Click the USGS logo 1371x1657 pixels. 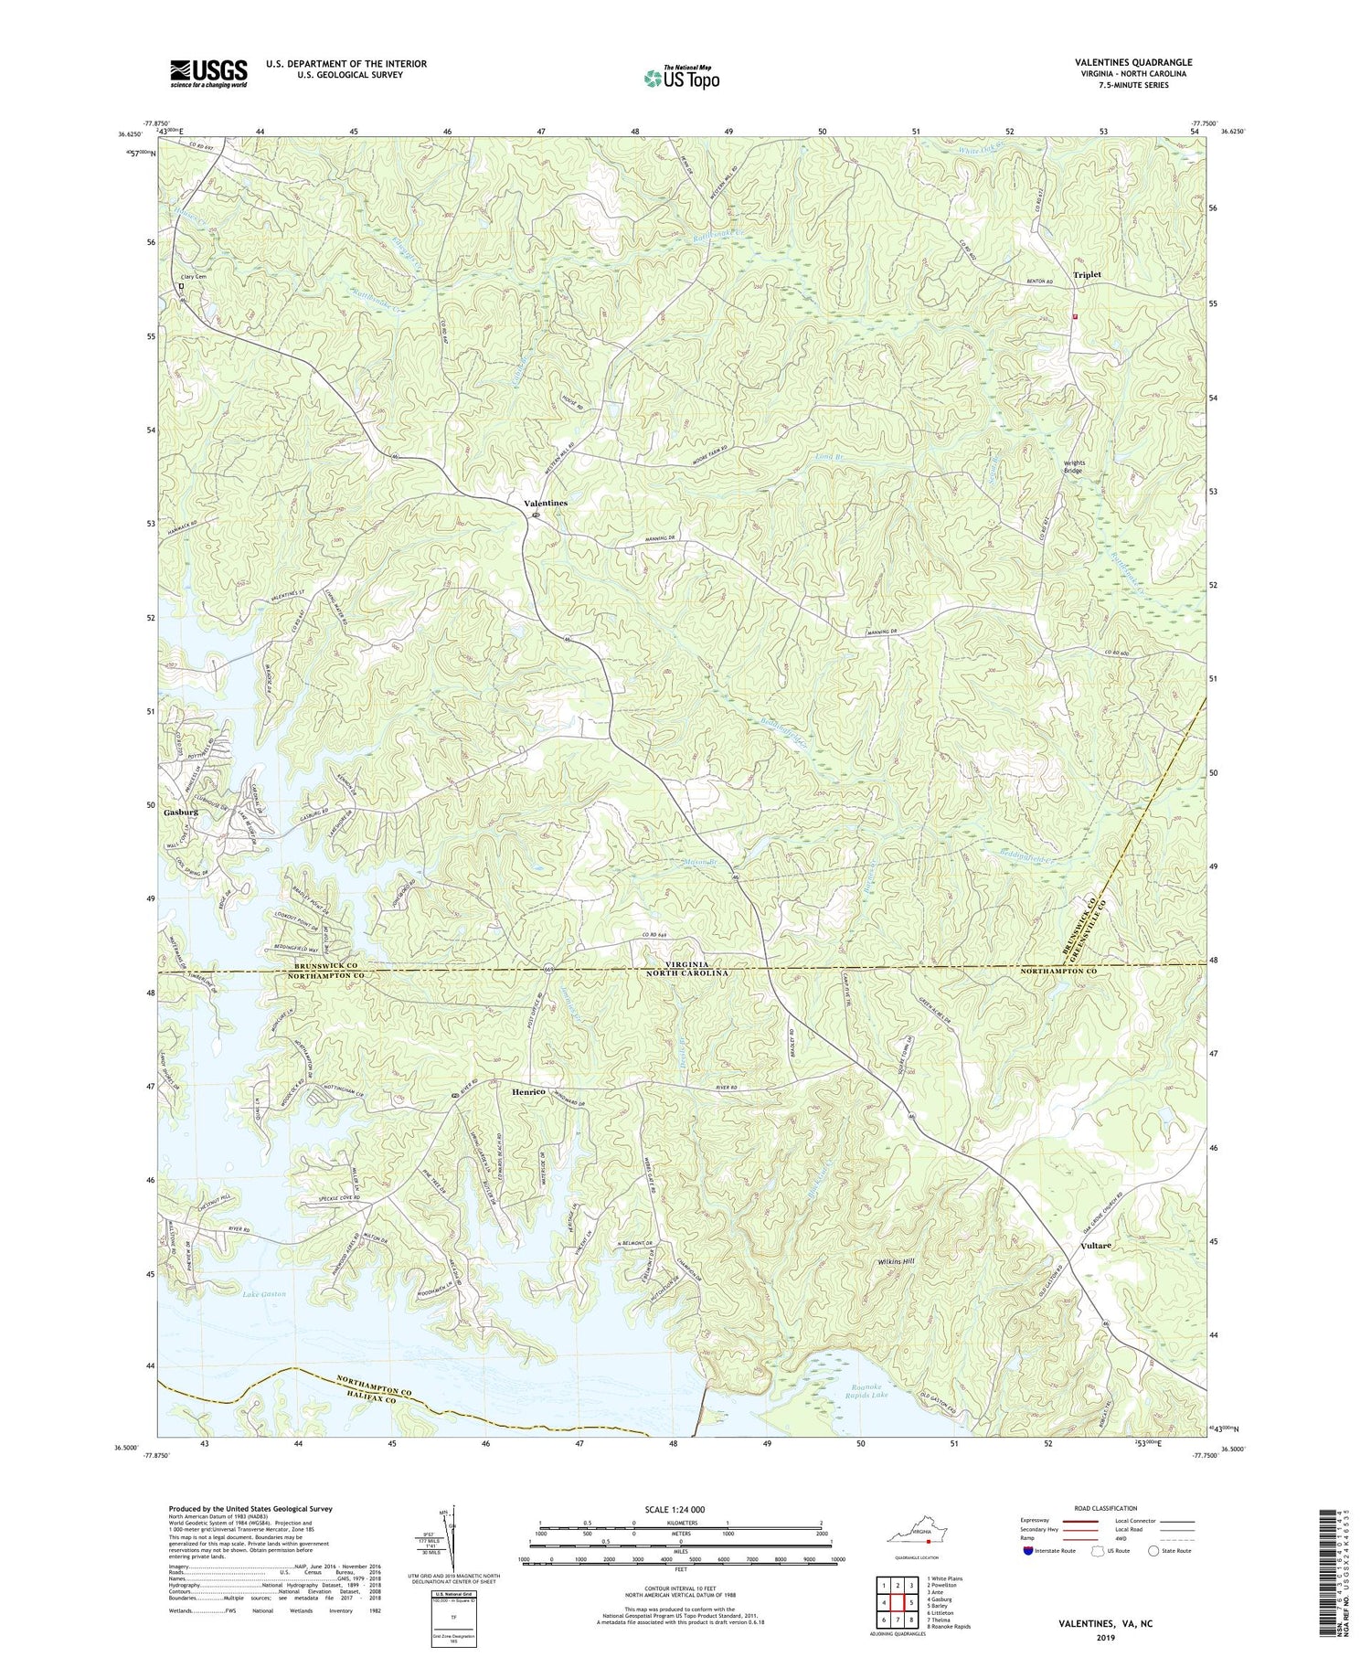[x=208, y=73]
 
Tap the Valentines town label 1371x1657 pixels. [x=545, y=504]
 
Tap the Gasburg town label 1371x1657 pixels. [x=181, y=812]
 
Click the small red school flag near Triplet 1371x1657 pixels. [x=1075, y=317]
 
